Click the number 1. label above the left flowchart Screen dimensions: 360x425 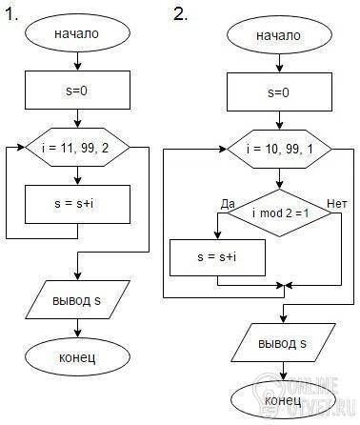coord(11,14)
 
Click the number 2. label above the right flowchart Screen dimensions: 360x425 coord(180,14)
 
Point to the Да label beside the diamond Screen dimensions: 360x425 coord(228,204)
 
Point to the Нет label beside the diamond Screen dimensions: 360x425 coord(337,204)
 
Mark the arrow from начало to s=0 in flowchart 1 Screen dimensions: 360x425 coord(77,61)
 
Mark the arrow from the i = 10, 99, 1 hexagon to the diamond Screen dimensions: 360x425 coord(279,178)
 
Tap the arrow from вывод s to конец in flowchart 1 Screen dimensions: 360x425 coord(77,328)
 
